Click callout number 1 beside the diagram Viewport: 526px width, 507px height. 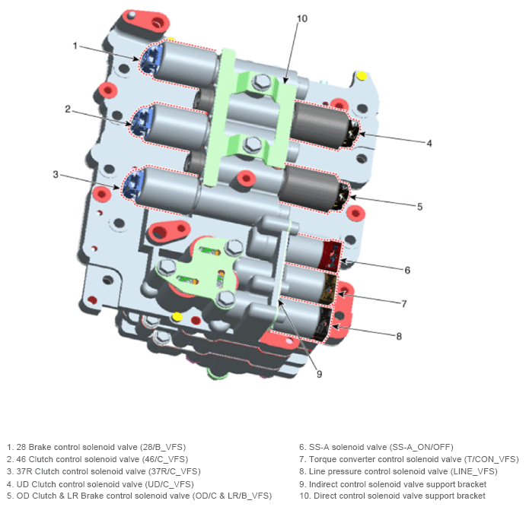click(x=75, y=46)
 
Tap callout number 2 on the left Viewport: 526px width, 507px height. click(x=68, y=109)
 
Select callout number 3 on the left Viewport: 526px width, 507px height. click(x=56, y=174)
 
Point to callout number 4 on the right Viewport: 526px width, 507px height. click(x=429, y=142)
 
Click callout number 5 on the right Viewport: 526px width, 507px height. click(x=419, y=205)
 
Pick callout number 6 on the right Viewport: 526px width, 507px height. click(x=407, y=269)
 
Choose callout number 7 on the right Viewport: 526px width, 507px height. click(x=404, y=303)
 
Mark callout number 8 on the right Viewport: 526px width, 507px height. click(x=400, y=335)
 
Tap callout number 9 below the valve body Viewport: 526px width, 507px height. click(x=319, y=373)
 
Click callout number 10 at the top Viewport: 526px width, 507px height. click(x=302, y=18)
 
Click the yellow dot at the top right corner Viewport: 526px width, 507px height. click(x=362, y=75)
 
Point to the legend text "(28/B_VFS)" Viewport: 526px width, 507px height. click(x=158, y=447)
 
